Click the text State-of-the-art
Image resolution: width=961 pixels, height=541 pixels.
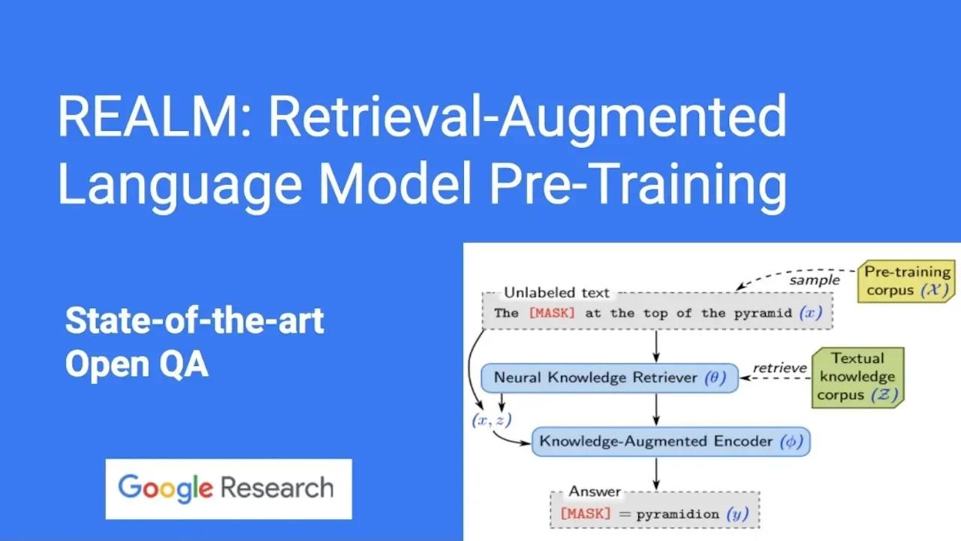click(x=194, y=322)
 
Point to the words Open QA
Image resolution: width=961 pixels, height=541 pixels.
click(x=136, y=364)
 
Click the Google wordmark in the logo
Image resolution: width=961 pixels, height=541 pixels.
click(x=165, y=488)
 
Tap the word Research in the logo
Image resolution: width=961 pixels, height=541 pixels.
click(x=277, y=488)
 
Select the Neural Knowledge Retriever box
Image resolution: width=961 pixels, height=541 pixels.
click(x=609, y=377)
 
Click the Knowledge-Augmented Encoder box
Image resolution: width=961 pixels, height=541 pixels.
click(x=671, y=441)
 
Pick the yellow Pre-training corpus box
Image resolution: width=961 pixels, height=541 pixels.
click(x=907, y=280)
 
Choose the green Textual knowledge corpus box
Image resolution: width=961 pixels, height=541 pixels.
click(x=857, y=376)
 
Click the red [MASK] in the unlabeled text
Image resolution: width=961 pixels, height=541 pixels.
click(x=551, y=313)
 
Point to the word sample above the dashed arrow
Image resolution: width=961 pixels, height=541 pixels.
click(x=814, y=280)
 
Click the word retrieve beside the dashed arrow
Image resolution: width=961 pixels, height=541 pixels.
click(x=780, y=368)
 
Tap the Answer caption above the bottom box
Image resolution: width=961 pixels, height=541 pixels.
click(x=595, y=491)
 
